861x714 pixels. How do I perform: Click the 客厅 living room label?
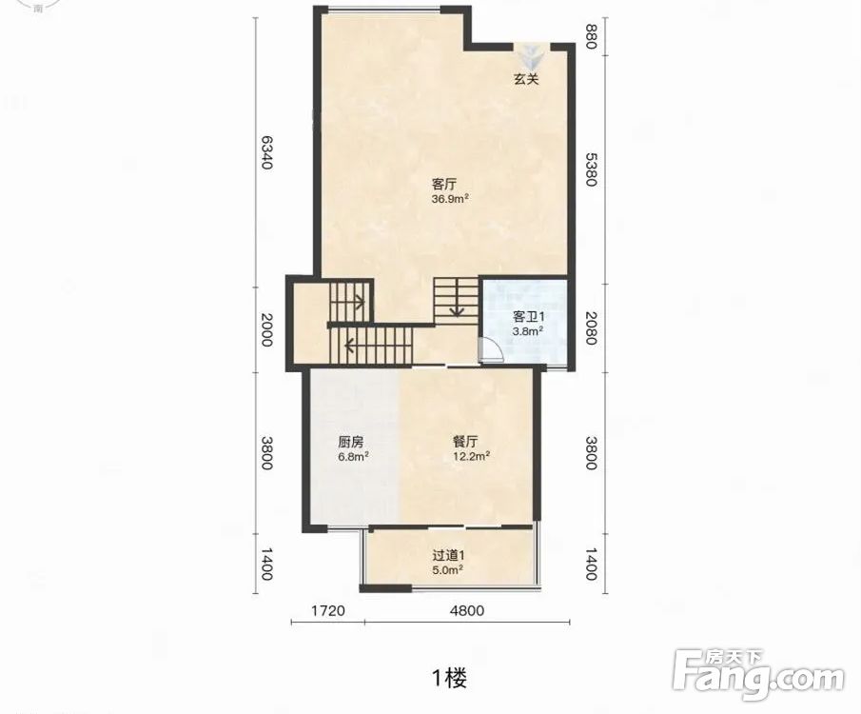(444, 184)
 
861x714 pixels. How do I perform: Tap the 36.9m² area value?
(450, 198)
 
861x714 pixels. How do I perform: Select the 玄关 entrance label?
(526, 79)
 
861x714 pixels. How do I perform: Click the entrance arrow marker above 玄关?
(531, 55)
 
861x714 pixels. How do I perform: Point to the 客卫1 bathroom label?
(528, 317)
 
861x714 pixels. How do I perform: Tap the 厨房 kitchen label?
(350, 442)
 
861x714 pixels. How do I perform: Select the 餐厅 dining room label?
(465, 442)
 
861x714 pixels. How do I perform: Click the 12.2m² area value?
(471, 456)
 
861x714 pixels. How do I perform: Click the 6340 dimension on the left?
(265, 152)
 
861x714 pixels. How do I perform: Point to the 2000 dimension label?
(265, 329)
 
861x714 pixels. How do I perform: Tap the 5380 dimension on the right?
(590, 169)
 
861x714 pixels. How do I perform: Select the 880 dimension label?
(590, 36)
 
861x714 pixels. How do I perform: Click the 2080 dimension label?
(590, 328)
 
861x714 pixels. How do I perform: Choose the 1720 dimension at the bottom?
(328, 610)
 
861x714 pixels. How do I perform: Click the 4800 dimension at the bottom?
(467, 610)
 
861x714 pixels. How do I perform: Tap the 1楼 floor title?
(450, 678)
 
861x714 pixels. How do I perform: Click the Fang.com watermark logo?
(758, 675)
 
